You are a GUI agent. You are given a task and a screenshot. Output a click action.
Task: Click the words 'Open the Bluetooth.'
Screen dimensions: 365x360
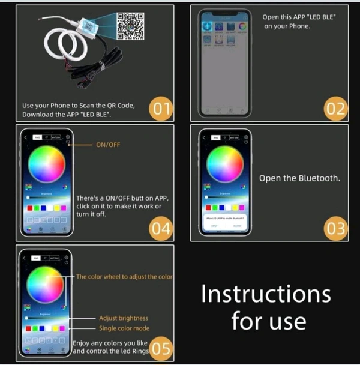coord(299,178)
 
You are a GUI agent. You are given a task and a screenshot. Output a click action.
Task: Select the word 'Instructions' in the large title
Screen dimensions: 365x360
coord(266,294)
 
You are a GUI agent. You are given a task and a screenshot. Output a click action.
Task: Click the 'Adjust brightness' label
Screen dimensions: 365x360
coord(124,318)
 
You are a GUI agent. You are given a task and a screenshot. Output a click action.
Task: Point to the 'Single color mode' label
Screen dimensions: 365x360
coord(124,328)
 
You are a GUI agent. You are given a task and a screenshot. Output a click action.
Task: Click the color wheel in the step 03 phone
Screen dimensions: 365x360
coord(225,163)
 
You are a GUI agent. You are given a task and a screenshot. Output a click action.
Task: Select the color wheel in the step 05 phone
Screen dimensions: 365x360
coord(46,285)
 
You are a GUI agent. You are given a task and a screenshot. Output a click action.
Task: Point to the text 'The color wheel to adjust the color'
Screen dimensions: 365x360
coord(125,277)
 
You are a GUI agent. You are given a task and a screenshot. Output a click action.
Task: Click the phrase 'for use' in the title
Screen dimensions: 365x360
coord(268,321)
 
